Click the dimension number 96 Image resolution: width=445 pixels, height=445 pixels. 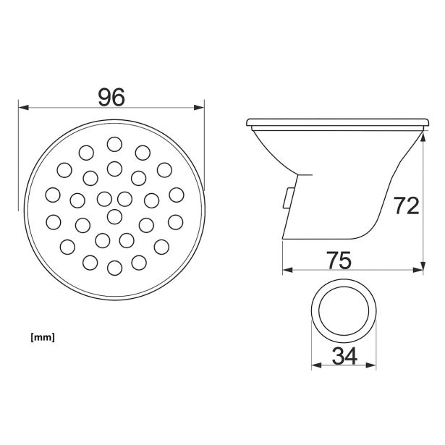coord(111,97)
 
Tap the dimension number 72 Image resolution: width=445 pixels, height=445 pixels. coord(406,205)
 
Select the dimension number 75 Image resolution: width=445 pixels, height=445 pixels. coord(339,260)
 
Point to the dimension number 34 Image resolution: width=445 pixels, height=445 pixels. coord(344,356)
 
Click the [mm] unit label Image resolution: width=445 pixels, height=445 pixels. coord(43,337)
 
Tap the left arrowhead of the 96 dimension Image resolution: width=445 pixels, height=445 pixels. coord(23,108)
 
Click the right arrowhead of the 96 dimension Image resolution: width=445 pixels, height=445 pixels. coord(199,108)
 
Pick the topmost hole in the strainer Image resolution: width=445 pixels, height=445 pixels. coord(114,144)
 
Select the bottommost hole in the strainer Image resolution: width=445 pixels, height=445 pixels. coord(114,268)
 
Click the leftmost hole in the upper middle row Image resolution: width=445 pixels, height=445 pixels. coord(53,195)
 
